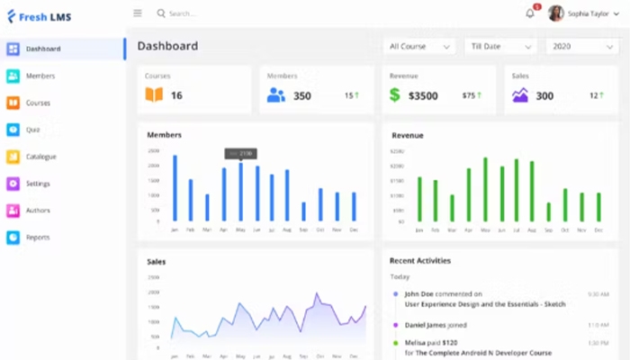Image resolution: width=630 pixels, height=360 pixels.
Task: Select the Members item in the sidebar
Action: [x=40, y=76]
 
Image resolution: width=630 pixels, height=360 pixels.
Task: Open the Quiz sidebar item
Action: [x=32, y=130]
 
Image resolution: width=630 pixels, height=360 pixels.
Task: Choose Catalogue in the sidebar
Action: [x=40, y=157]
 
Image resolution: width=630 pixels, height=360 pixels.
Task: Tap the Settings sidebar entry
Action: [x=38, y=184]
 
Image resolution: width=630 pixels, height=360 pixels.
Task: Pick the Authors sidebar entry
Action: [x=38, y=211]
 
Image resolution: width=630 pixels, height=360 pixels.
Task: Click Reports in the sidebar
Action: [x=38, y=238]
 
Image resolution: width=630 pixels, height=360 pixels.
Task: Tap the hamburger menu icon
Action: [x=138, y=13]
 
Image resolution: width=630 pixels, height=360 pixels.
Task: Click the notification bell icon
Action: [x=530, y=13]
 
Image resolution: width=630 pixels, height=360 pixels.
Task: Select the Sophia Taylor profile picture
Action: [x=556, y=13]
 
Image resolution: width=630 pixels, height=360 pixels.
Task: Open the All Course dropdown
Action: [x=418, y=46]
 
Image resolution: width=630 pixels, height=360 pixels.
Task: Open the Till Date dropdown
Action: [x=499, y=46]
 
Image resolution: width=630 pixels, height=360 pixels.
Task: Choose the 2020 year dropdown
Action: [x=581, y=46]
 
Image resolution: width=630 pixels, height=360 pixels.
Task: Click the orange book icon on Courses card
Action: [x=154, y=94]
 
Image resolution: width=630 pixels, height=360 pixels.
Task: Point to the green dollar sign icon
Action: [x=395, y=94]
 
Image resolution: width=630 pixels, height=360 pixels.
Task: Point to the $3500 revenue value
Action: [x=423, y=95]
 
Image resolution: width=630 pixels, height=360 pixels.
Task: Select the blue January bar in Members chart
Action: [x=175, y=188]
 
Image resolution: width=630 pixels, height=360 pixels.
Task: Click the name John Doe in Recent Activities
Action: [x=418, y=293]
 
